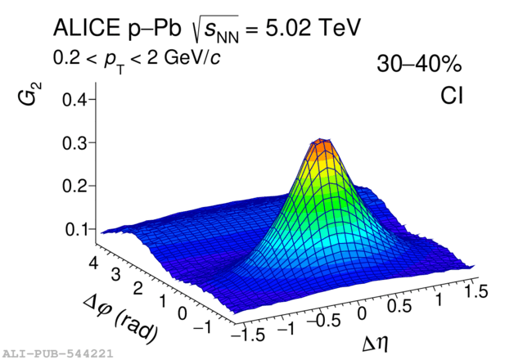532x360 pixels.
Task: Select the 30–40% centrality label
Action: (420, 65)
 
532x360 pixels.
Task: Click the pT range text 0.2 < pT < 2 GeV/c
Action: (134, 59)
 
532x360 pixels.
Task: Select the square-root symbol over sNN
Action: (200, 29)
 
